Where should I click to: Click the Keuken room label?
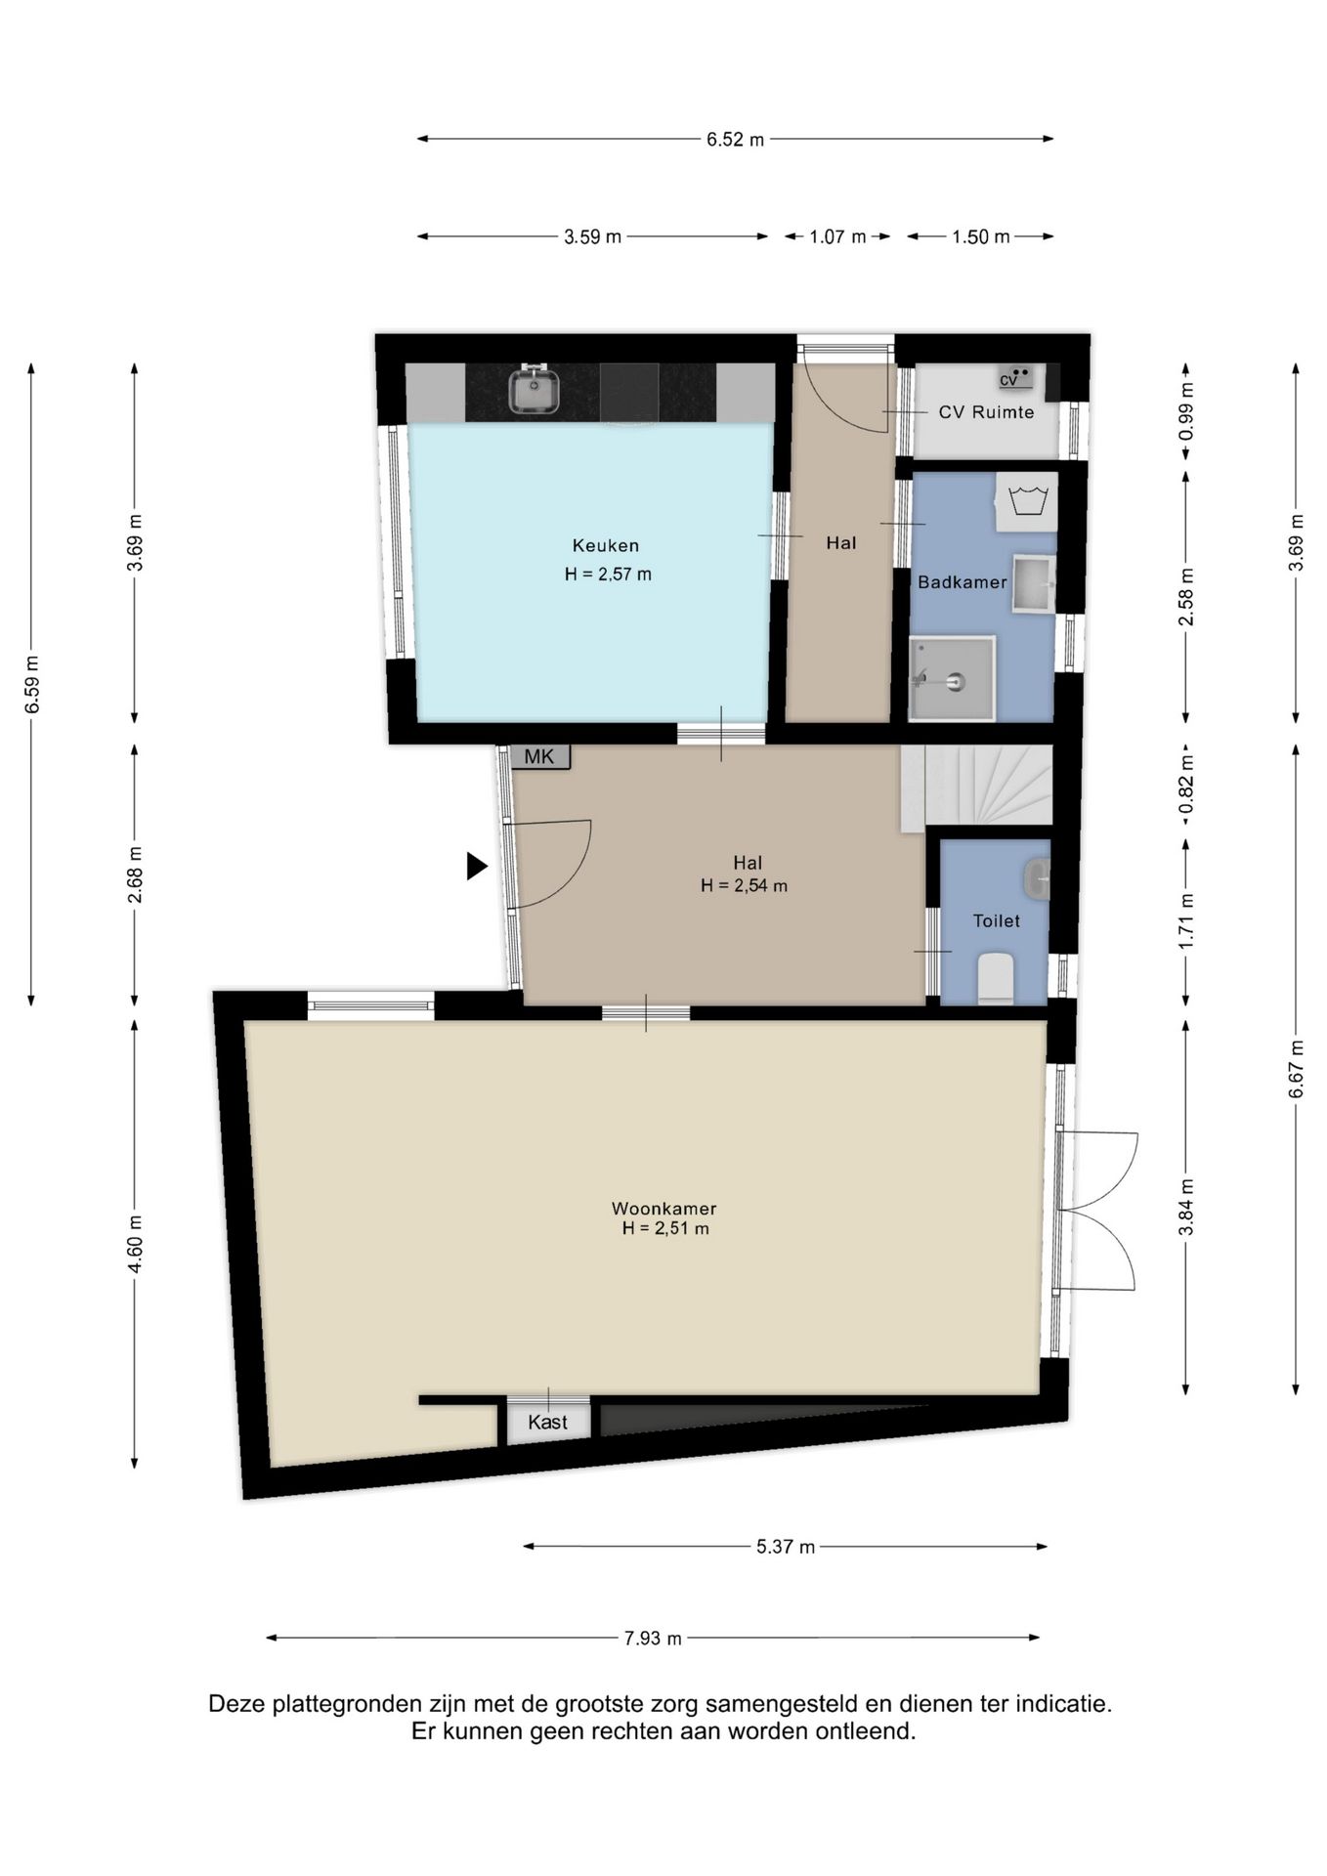(606, 546)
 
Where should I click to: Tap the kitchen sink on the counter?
(534, 390)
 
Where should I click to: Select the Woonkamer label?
(664, 1209)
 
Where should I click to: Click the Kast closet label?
(547, 1422)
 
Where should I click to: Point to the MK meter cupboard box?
(539, 756)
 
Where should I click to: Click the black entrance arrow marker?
(477, 866)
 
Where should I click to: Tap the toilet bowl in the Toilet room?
(996, 978)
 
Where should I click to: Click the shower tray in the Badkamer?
(952, 678)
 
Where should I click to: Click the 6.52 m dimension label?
(736, 140)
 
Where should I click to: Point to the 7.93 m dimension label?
(653, 1639)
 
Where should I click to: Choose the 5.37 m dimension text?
(786, 1547)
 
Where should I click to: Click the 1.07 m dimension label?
(837, 236)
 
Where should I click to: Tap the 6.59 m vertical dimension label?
(32, 684)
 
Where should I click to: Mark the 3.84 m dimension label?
(1186, 1208)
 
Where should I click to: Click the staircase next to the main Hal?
(977, 787)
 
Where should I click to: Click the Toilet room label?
(996, 920)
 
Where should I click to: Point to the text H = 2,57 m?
(608, 575)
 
